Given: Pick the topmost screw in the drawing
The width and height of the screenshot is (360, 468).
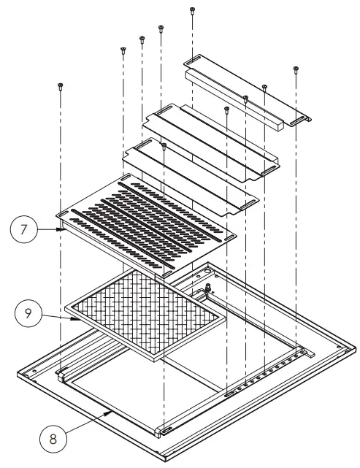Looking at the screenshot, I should coord(192,9).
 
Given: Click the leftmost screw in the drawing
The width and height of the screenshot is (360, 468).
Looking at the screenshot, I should coord(58,86).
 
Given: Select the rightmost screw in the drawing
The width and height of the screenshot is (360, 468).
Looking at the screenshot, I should coord(296,70).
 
